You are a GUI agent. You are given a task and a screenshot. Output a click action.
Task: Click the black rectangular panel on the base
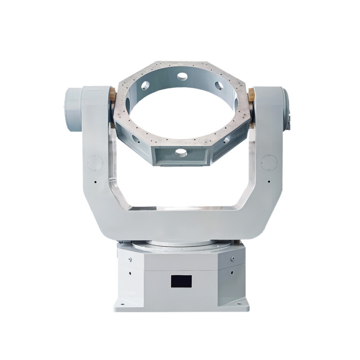pos(181,280)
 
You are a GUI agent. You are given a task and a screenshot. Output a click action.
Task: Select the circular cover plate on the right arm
pos(269,163)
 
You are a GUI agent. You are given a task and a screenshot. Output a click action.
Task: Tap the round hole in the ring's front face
pos(181,152)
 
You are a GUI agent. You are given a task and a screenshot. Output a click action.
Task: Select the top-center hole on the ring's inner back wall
pos(182,75)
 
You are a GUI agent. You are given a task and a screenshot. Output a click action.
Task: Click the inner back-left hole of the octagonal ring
pos(145,86)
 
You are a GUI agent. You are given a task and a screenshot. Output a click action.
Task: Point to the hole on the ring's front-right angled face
pos(227,139)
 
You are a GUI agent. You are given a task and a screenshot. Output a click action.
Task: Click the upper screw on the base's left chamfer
pos(130,260)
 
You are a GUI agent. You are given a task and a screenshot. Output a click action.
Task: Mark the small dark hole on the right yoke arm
pos(271,182)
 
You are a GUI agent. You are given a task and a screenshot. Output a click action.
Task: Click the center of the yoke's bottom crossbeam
pos(180,222)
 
